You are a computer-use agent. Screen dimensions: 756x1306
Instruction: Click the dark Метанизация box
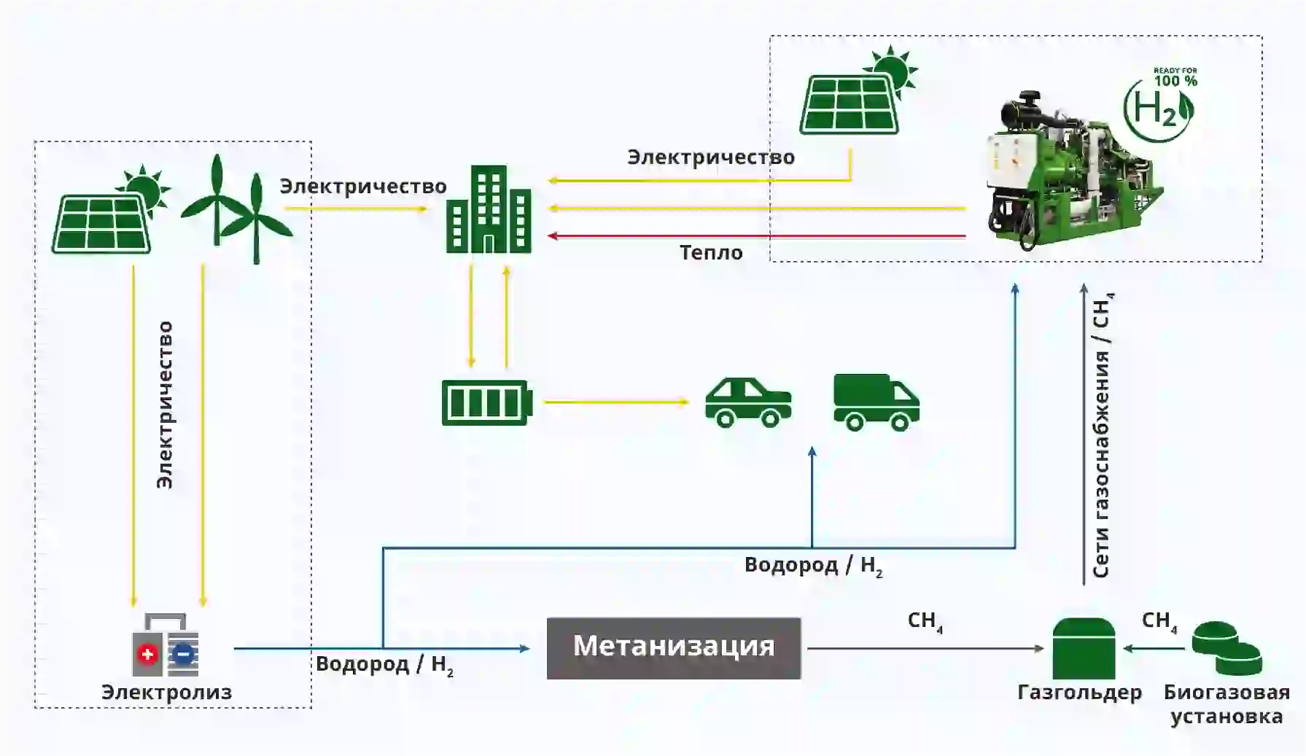pyautogui.click(x=673, y=648)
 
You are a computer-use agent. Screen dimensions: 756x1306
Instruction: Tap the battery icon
pyautogui.click(x=486, y=402)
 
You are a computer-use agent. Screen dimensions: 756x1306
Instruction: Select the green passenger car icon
pyautogui.click(x=747, y=402)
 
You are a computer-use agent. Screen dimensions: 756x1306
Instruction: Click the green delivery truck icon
pyautogui.click(x=876, y=402)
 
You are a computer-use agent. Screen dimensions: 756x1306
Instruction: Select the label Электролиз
pyautogui.click(x=166, y=692)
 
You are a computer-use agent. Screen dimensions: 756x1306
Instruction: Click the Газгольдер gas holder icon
pyautogui.click(x=1084, y=648)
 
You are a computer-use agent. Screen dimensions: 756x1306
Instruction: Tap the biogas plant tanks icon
pyautogui.click(x=1227, y=648)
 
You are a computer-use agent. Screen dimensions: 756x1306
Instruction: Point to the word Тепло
pyautogui.click(x=711, y=253)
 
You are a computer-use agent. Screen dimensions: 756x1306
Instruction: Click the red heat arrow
pyautogui.click(x=758, y=236)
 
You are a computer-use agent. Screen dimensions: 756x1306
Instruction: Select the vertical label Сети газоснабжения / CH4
pyautogui.click(x=1102, y=437)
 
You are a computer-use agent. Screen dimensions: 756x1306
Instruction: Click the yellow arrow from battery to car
pyautogui.click(x=616, y=402)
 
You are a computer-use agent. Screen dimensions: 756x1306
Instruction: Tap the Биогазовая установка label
pyautogui.click(x=1227, y=704)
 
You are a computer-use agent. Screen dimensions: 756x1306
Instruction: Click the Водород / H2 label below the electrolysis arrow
pyautogui.click(x=384, y=665)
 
